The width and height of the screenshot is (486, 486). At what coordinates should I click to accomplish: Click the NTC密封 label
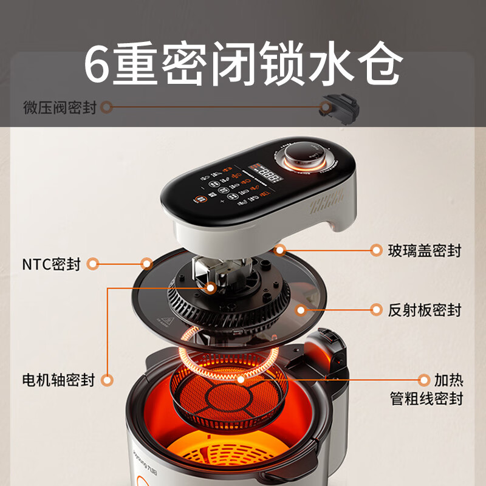click(51, 264)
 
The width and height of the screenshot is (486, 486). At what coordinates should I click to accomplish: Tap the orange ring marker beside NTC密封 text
click(92, 264)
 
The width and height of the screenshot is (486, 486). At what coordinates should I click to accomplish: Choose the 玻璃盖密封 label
click(425, 250)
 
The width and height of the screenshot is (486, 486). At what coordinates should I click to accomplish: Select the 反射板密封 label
click(425, 310)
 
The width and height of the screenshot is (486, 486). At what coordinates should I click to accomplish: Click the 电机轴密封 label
click(58, 381)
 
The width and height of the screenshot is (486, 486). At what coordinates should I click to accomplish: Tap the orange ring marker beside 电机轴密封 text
click(107, 381)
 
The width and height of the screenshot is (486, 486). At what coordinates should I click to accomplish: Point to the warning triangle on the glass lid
click(165, 321)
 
